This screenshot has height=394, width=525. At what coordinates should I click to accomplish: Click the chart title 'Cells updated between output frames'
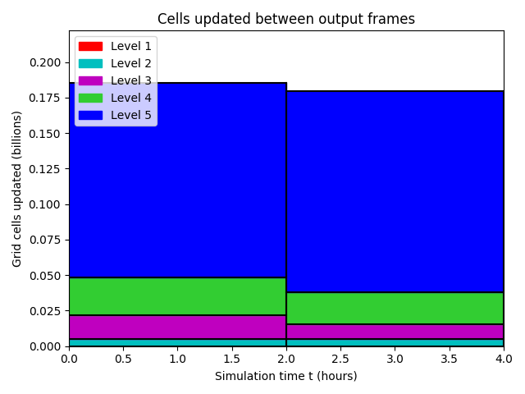[x=286, y=19]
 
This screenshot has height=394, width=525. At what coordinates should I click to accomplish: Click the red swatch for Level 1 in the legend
[x=90, y=46]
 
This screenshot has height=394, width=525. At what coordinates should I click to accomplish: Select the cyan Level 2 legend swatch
[x=90, y=64]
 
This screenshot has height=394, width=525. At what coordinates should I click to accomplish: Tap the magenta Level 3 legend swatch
[x=90, y=80]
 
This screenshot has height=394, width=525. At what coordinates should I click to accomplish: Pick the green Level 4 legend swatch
[x=90, y=98]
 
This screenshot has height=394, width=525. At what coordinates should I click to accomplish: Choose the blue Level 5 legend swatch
[x=90, y=115]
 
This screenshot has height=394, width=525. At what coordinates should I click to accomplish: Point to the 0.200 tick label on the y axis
[x=45, y=62]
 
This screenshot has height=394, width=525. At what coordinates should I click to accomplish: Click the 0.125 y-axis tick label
[x=45, y=169]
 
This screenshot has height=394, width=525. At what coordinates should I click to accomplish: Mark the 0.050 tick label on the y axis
[x=45, y=276]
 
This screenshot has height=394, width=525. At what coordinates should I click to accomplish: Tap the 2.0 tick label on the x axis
[x=286, y=359]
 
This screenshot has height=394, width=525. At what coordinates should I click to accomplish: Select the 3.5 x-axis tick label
[x=449, y=359]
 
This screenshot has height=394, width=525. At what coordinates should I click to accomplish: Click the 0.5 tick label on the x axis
[x=123, y=359]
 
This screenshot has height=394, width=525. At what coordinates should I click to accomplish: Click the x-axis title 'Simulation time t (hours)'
[x=286, y=376]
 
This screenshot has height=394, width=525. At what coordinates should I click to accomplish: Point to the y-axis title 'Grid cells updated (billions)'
[x=16, y=189]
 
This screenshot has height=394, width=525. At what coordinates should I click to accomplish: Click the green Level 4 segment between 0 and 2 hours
[x=178, y=296]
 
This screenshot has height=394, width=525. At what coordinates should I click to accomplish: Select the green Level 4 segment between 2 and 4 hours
[x=395, y=309]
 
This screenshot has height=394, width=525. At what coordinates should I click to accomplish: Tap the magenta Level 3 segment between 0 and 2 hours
[x=178, y=328]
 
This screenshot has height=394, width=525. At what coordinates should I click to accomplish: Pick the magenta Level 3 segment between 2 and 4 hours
[x=395, y=332]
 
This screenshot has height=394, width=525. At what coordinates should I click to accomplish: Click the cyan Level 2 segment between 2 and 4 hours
[x=395, y=343]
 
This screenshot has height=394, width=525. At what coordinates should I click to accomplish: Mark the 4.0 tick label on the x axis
[x=504, y=359]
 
